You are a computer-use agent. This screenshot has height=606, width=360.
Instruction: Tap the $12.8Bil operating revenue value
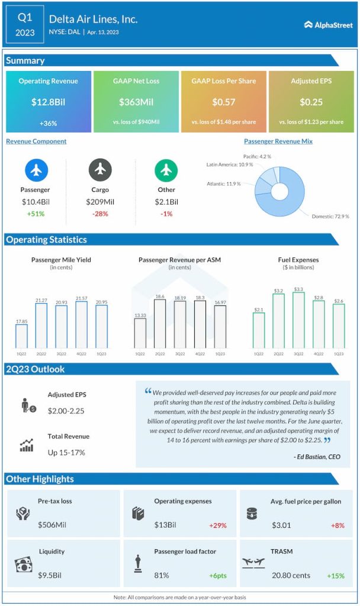(x=49, y=102)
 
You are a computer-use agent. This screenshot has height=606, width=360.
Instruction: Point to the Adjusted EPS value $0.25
(x=311, y=102)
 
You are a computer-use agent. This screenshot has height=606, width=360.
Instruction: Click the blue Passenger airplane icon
(x=36, y=170)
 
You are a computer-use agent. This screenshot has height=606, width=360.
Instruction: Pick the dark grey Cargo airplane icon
(x=100, y=170)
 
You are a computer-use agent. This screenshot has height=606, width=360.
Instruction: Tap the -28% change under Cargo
(x=100, y=214)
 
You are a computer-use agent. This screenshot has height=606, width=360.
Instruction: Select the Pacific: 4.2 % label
(x=257, y=157)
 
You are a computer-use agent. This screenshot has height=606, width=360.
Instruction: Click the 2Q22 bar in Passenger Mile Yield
(x=41, y=325)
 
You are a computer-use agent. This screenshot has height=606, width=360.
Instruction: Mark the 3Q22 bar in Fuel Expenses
(x=298, y=320)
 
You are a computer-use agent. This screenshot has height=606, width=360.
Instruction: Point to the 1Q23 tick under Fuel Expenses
(x=338, y=353)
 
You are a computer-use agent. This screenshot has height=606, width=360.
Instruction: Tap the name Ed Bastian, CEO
(x=317, y=456)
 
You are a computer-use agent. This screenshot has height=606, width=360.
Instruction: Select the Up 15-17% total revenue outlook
(x=66, y=452)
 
